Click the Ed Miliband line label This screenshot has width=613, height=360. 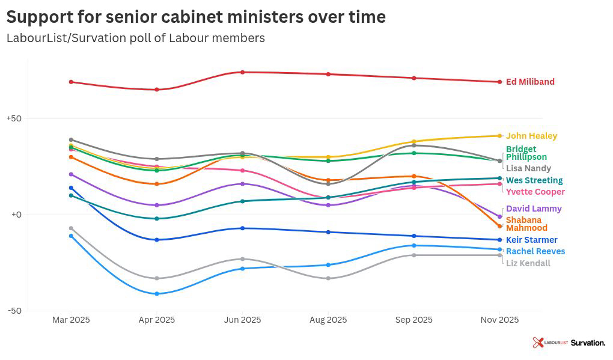tap(530, 82)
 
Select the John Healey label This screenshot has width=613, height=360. tap(531, 136)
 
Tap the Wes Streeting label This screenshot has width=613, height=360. tap(534, 180)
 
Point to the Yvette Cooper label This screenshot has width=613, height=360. tap(535, 192)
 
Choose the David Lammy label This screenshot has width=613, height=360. tap(534, 209)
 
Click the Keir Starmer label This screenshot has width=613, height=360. tap(531, 240)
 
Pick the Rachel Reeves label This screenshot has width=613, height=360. tap(535, 251)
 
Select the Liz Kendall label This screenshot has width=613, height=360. tap(528, 263)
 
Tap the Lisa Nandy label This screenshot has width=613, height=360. tap(528, 168)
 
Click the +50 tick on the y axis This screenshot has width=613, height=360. tap(14, 118)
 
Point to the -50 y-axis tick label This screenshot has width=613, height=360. tap(14, 311)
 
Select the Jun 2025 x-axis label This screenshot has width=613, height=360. tap(243, 320)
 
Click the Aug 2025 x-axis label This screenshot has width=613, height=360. tap(328, 320)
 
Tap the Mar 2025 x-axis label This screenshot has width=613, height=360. tap(71, 320)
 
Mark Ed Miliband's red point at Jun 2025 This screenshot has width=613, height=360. tap(243, 72)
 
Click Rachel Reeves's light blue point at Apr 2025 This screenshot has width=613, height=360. tap(157, 293)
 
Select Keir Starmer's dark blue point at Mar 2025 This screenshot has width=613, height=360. tap(71, 188)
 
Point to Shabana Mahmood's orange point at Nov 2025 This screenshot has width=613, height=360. tap(499, 226)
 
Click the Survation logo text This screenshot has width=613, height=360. tap(587, 343)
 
